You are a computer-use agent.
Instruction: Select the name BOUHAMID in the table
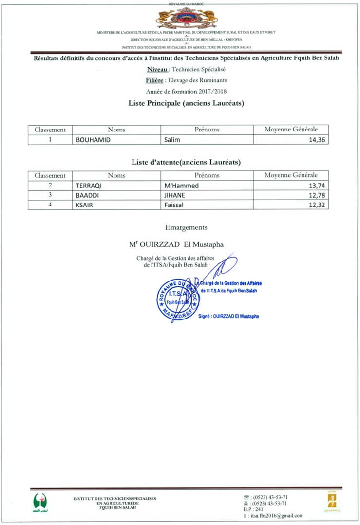[92, 140]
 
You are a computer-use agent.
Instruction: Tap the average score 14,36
[317, 140]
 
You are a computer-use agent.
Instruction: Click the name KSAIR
[85, 205]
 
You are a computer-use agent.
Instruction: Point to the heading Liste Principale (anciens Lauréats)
[186, 103]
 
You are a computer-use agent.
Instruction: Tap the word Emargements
[186, 227]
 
